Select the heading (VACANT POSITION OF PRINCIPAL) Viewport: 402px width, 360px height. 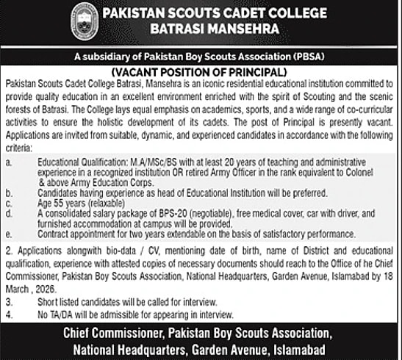point(201,73)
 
